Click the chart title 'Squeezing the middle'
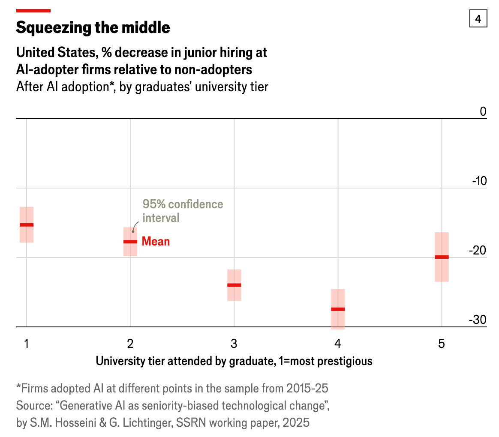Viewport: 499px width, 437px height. (93, 28)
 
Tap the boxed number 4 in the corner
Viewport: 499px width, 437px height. (478, 19)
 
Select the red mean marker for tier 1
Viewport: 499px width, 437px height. (27, 225)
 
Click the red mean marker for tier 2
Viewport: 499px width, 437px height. (130, 242)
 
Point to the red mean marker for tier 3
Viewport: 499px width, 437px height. (234, 285)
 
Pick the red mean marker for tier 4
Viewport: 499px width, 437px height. (338, 309)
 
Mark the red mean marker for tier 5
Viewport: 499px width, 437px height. (442, 257)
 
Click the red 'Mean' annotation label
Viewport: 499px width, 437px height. (156, 242)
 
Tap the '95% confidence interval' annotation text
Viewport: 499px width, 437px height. (183, 211)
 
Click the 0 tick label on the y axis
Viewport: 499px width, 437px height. (483, 112)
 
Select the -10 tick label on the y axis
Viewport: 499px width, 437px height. (479, 181)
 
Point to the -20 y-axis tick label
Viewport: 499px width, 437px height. (479, 251)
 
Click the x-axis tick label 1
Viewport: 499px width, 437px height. (27, 344)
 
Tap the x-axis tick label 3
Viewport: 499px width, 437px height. (234, 344)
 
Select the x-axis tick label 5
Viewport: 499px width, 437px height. (442, 344)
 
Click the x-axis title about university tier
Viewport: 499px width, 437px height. (234, 361)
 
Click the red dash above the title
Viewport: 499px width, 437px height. (33, 10)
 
